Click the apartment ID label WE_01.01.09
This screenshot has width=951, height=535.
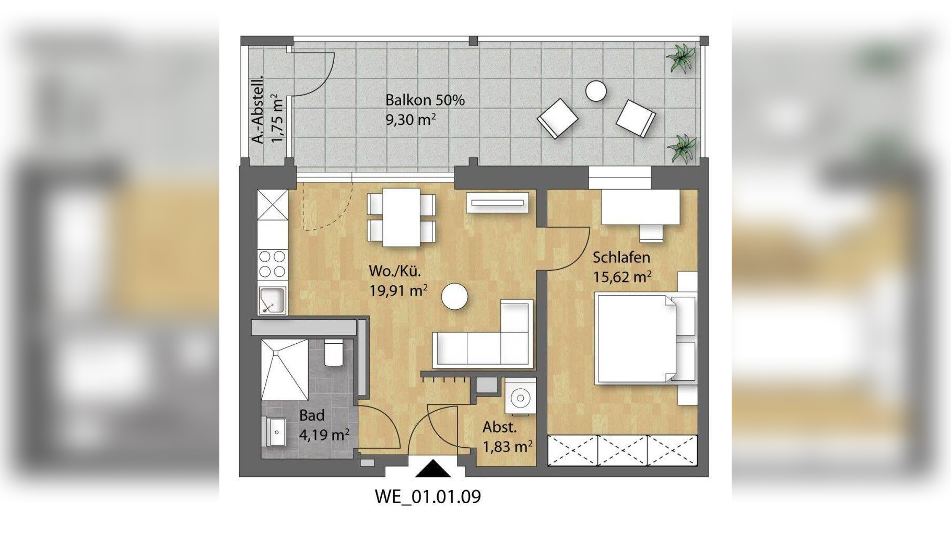[x=428, y=496]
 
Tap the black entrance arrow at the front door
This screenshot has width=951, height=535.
[x=433, y=468]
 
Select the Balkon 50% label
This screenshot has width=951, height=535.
[x=425, y=100]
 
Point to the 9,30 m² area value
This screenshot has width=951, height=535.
[x=410, y=120]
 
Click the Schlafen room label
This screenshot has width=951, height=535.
[x=621, y=257]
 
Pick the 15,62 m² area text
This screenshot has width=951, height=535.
[x=622, y=276]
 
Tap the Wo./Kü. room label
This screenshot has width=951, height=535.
[x=395, y=271]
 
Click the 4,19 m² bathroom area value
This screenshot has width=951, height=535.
[x=324, y=435]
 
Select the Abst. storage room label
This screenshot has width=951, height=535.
[x=500, y=427]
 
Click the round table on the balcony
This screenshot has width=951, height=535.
[x=595, y=91]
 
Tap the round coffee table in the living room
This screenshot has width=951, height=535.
[x=454, y=296]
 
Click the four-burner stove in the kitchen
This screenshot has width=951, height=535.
[x=273, y=264]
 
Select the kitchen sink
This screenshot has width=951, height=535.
[x=272, y=300]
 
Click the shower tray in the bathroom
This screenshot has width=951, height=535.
[x=285, y=370]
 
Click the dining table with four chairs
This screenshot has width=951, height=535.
[x=401, y=217]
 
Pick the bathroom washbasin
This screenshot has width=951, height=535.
[x=274, y=432]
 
